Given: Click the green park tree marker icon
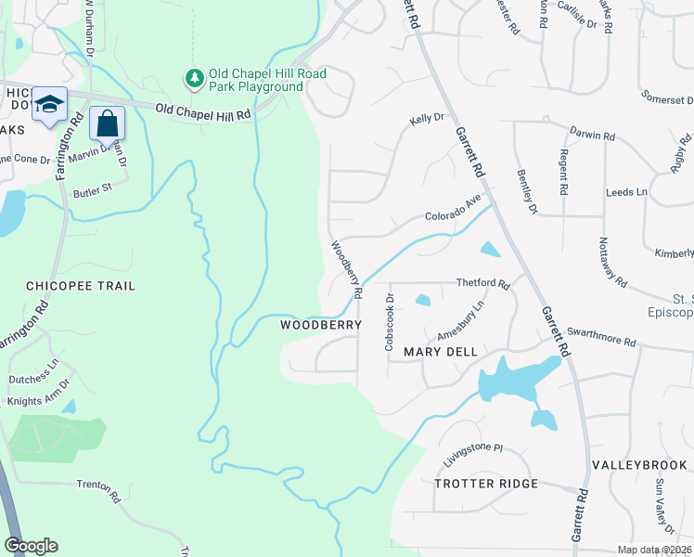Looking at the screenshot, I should pyautogui.click(x=195, y=79).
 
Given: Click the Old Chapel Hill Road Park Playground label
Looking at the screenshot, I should pyautogui.click(x=256, y=81).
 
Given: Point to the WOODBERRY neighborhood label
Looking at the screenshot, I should pyautogui.click(x=320, y=326).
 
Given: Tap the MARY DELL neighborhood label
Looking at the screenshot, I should pyautogui.click(x=441, y=352).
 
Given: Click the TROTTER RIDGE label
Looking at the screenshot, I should pyautogui.click(x=486, y=484).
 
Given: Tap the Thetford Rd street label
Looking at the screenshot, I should pyautogui.click(x=483, y=283).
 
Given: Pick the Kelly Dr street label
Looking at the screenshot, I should pyautogui.click(x=427, y=119).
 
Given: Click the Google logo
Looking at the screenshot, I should pyautogui.click(x=31, y=546).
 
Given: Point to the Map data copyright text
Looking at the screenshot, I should pyautogui.click(x=655, y=550).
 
